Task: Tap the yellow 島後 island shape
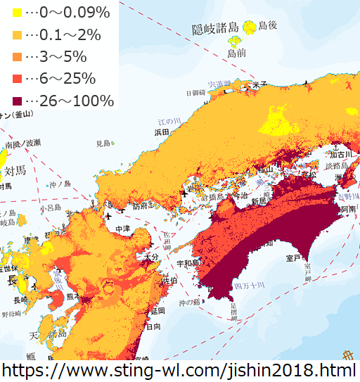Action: point(249,27)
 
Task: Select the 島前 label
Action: point(236,53)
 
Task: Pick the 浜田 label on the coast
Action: point(162,132)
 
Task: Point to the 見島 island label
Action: point(104,143)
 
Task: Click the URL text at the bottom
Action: point(180,370)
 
